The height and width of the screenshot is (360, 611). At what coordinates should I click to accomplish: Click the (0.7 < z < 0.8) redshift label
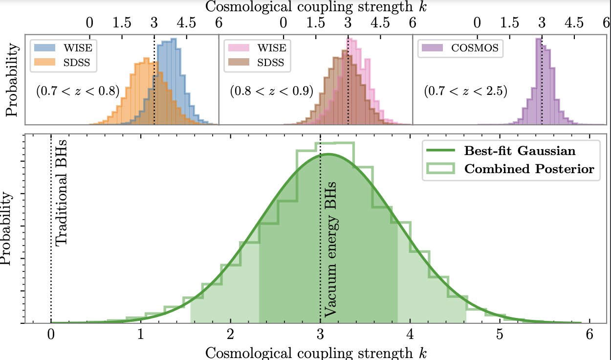click(x=78, y=91)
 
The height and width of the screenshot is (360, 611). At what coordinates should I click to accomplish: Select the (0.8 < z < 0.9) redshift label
click(x=271, y=91)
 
